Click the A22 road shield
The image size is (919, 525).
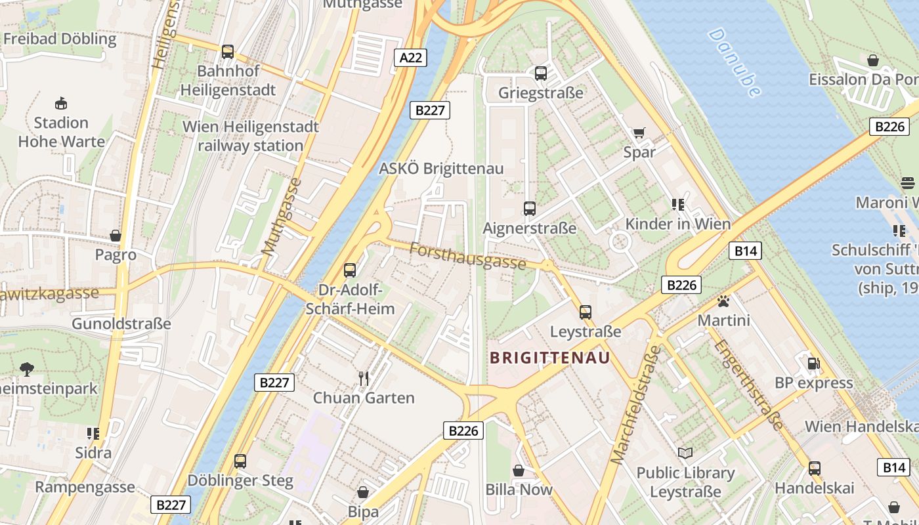pyautogui.click(x=411, y=58)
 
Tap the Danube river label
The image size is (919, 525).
pyautogui.click(x=735, y=62)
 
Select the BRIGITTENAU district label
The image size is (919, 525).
pyautogui.click(x=550, y=358)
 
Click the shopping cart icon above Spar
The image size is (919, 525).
pyautogui.click(x=639, y=133)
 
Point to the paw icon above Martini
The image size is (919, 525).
pyautogui.click(x=723, y=301)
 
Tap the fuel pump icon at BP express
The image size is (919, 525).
pyautogui.click(x=813, y=363)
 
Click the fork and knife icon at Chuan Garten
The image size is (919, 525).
pyautogui.click(x=364, y=378)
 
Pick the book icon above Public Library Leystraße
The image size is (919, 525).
pyautogui.click(x=685, y=453)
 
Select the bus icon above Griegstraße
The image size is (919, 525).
pyautogui.click(x=541, y=73)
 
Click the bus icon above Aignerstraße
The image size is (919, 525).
pyautogui.click(x=530, y=209)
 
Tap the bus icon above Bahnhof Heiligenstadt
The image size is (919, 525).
pyautogui.click(x=228, y=51)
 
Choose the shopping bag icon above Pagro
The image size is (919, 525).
pyautogui.click(x=116, y=236)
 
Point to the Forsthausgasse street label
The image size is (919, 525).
pyautogui.click(x=467, y=255)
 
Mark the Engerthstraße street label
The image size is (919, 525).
pyautogui.click(x=748, y=384)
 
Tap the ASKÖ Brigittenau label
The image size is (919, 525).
pyautogui.click(x=441, y=169)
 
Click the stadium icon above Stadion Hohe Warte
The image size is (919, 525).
pyautogui.click(x=61, y=103)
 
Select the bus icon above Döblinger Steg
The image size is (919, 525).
pyautogui.click(x=240, y=461)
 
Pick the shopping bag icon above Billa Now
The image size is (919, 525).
pyautogui.click(x=519, y=470)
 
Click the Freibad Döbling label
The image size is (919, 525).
pyautogui.click(x=60, y=39)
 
